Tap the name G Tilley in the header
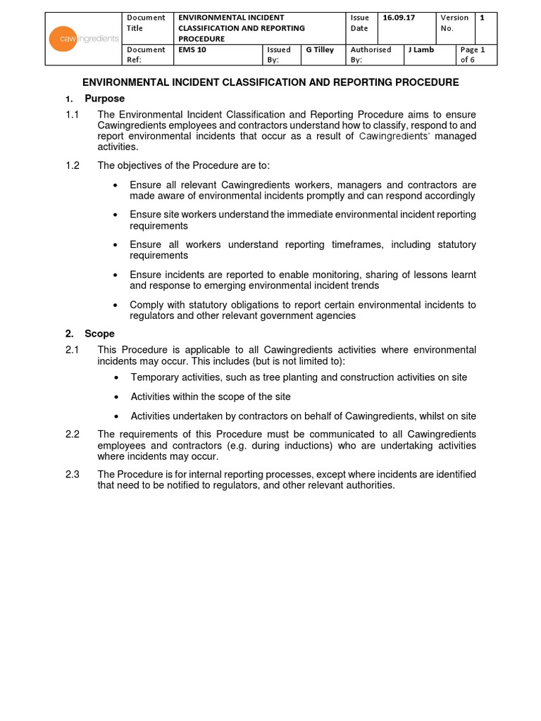click(x=320, y=50)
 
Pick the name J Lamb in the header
click(x=421, y=50)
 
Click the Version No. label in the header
click(x=454, y=23)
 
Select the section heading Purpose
click(x=104, y=99)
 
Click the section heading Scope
click(x=99, y=334)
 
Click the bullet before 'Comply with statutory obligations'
click(x=115, y=306)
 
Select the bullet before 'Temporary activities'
click(x=115, y=377)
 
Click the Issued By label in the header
click(x=279, y=55)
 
